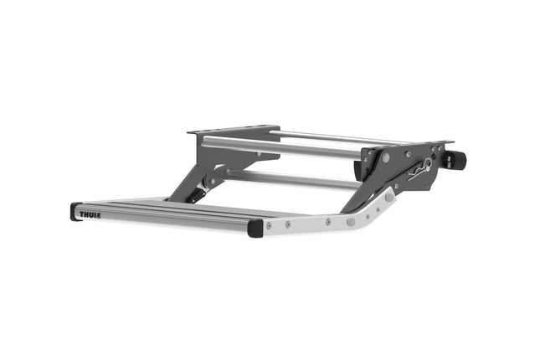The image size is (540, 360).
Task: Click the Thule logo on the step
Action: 90,214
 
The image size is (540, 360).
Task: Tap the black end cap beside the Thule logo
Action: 75,212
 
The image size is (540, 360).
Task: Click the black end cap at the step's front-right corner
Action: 255,228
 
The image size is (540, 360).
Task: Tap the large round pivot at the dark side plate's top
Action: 387,157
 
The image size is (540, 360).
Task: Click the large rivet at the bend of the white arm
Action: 351,222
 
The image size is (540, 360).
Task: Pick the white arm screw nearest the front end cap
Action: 269,224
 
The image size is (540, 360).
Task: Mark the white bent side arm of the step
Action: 327,223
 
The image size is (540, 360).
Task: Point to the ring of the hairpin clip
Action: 429,164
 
